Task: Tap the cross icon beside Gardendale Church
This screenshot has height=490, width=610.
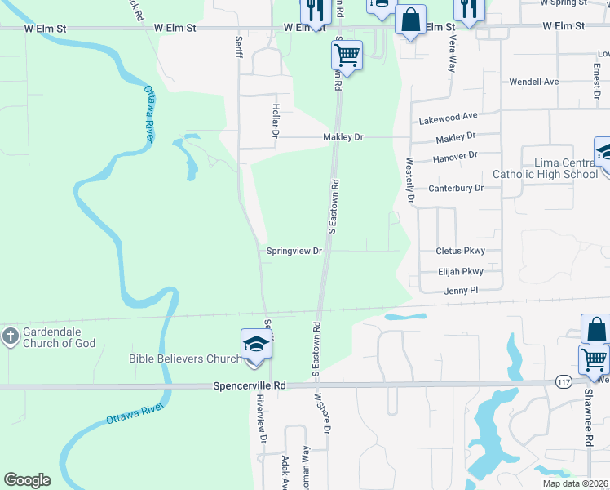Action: point(10,336)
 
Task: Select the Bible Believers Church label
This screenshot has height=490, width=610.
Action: point(184,359)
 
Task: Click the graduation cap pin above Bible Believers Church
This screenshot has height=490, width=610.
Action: point(256,345)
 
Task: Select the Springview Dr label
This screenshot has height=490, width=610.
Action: point(294,252)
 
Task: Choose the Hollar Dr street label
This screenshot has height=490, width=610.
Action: point(276,119)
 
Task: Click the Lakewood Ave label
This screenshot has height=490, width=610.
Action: point(448,118)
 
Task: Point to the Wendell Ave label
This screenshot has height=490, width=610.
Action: point(533,82)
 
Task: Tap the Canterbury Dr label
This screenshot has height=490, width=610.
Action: point(456,188)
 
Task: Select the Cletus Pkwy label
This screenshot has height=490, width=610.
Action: point(460,252)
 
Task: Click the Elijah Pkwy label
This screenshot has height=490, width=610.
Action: point(460,272)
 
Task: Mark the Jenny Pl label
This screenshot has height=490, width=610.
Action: point(460,291)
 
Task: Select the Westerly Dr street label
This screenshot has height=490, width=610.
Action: point(410,181)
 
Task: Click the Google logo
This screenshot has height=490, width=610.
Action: point(28,480)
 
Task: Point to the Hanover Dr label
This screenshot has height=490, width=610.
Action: point(455,156)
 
